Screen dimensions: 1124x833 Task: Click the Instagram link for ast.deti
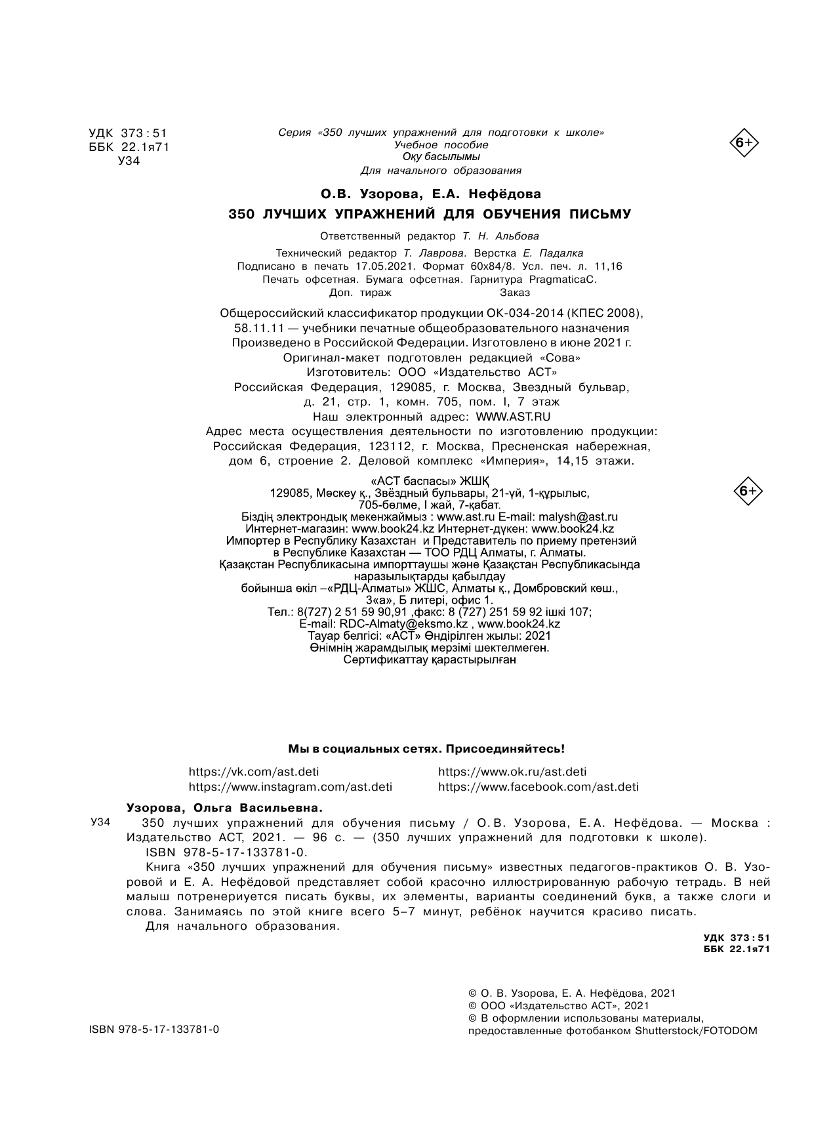point(290,787)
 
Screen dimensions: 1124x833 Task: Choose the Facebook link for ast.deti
point(538,787)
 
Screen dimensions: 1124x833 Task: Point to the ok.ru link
point(512,772)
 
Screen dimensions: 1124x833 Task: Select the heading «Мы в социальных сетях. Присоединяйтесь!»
point(426,749)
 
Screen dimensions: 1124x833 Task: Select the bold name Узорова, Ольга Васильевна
point(224,808)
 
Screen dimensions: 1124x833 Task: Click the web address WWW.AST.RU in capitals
point(513,417)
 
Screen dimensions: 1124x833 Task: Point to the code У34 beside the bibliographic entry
point(100,823)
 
